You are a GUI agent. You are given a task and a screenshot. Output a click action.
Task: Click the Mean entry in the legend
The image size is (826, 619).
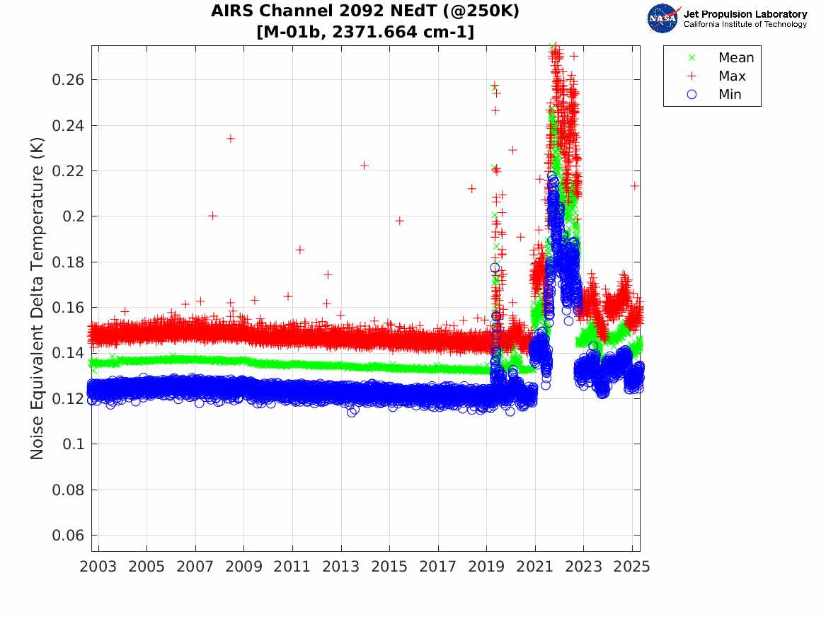(x=735, y=57)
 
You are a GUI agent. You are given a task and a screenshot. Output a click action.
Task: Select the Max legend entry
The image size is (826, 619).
(x=731, y=76)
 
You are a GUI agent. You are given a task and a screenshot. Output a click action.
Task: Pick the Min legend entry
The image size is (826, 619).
(x=730, y=94)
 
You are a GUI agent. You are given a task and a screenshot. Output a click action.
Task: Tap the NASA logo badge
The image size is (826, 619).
(x=663, y=18)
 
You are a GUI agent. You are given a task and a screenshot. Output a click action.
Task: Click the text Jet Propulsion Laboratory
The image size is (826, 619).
(x=745, y=14)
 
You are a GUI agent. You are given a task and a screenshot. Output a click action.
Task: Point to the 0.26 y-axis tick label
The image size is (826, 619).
(x=68, y=79)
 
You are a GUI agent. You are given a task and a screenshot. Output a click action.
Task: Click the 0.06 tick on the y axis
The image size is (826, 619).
(x=68, y=535)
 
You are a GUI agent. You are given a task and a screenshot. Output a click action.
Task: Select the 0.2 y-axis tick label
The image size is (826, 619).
(x=74, y=216)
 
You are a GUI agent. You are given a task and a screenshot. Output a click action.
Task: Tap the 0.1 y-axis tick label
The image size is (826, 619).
(x=74, y=444)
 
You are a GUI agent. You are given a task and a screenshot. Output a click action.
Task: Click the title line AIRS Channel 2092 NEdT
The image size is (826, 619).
(x=365, y=12)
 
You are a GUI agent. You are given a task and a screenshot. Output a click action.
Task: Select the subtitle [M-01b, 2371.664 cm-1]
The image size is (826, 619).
(x=365, y=32)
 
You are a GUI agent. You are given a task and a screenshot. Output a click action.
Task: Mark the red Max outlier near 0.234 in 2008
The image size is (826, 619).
(x=230, y=138)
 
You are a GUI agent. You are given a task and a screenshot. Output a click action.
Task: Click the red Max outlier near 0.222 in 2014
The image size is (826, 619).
(x=364, y=165)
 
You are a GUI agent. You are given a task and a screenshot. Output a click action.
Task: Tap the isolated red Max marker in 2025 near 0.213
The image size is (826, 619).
(x=635, y=185)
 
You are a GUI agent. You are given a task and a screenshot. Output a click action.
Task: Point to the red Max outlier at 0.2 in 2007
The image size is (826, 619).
(x=212, y=216)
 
